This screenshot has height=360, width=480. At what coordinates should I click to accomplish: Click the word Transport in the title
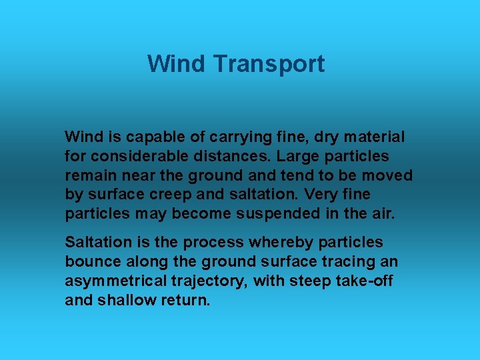pos(269,64)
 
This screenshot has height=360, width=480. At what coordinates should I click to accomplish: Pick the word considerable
pos(133,157)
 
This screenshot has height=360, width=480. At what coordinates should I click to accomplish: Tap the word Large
pos(294,157)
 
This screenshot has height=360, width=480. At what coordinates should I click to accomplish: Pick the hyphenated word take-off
pos(364,281)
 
